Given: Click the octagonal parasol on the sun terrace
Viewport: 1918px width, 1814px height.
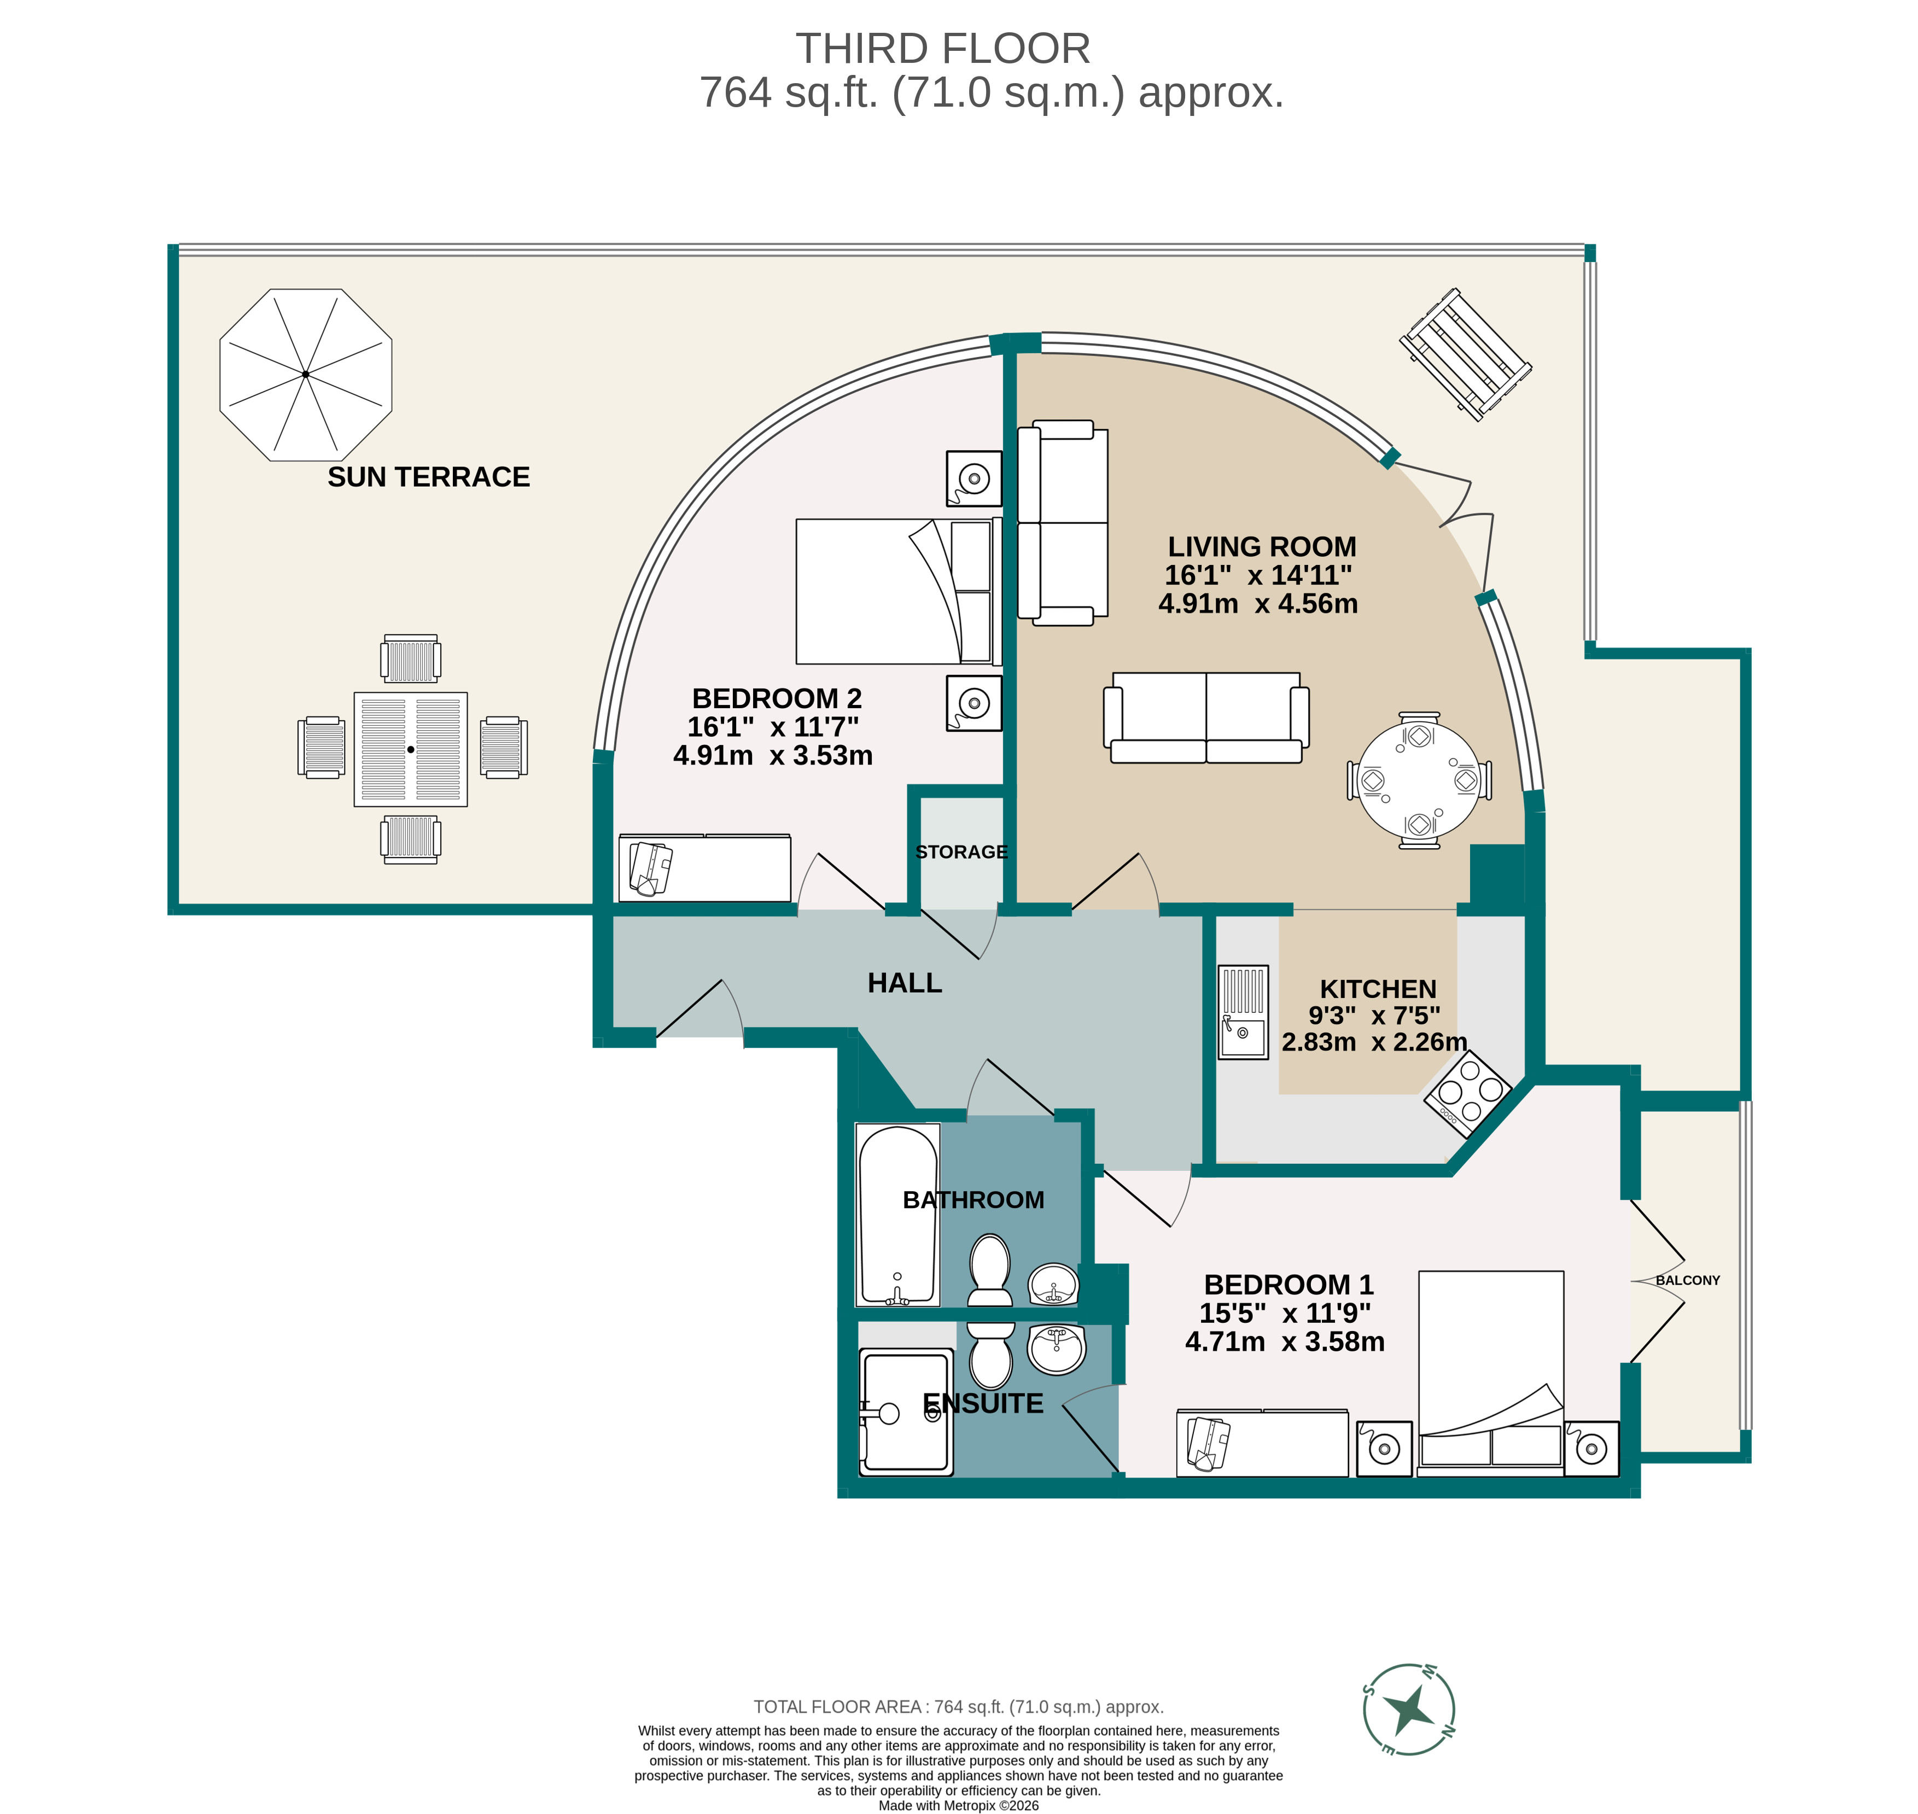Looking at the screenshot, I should (x=306, y=374).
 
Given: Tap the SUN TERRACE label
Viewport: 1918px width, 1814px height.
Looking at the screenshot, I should (x=428, y=477).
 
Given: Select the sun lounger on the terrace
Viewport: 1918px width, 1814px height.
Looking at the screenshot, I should (x=1465, y=354).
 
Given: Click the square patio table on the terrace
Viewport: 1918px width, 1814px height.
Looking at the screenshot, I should (x=410, y=749).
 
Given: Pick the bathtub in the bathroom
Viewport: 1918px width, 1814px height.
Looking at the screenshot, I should (x=897, y=1216).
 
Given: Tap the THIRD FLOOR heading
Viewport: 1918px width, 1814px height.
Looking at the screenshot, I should (x=942, y=48).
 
